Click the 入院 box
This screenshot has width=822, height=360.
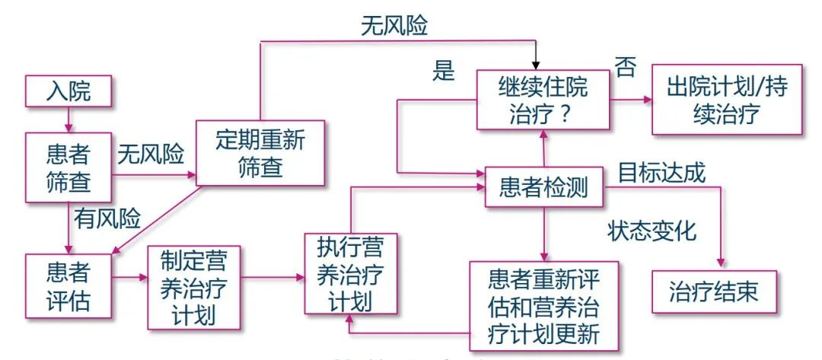pyautogui.click(x=68, y=91)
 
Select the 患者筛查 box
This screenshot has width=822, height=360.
pyautogui.click(x=68, y=168)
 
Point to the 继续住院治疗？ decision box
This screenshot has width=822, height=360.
pyautogui.click(x=543, y=99)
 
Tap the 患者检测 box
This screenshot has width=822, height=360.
pyautogui.click(x=543, y=187)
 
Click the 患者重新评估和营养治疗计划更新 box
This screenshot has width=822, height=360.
pyautogui.click(x=543, y=304)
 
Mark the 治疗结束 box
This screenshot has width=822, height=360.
pyautogui.click(x=714, y=292)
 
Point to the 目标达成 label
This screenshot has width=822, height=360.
pyautogui.click(x=661, y=172)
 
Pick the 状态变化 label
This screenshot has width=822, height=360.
pyautogui.click(x=652, y=231)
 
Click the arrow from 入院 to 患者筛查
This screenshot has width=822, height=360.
pyautogui.click(x=68, y=119)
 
